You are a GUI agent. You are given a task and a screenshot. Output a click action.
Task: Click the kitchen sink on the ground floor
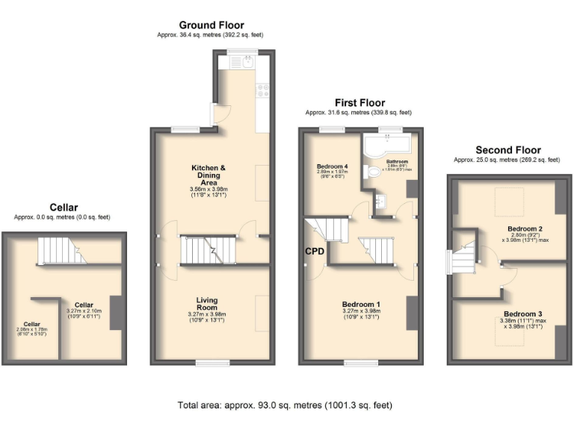click(247, 63)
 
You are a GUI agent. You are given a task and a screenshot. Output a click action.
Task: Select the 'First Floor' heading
click(359, 103)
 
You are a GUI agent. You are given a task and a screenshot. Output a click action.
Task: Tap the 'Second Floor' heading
click(507, 150)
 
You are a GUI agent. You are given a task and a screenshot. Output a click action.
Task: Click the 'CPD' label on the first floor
click(315, 252)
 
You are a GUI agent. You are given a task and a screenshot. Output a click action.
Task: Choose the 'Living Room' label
click(206, 302)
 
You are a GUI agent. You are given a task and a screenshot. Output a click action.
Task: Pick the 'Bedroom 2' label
click(524, 228)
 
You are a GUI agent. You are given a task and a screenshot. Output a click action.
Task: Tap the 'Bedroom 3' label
click(520, 314)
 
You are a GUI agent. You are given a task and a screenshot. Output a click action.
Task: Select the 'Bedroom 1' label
click(361, 305)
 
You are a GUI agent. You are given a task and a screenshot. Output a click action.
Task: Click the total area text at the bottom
click(285, 405)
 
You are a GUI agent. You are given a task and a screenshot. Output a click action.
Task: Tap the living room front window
click(212, 363)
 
